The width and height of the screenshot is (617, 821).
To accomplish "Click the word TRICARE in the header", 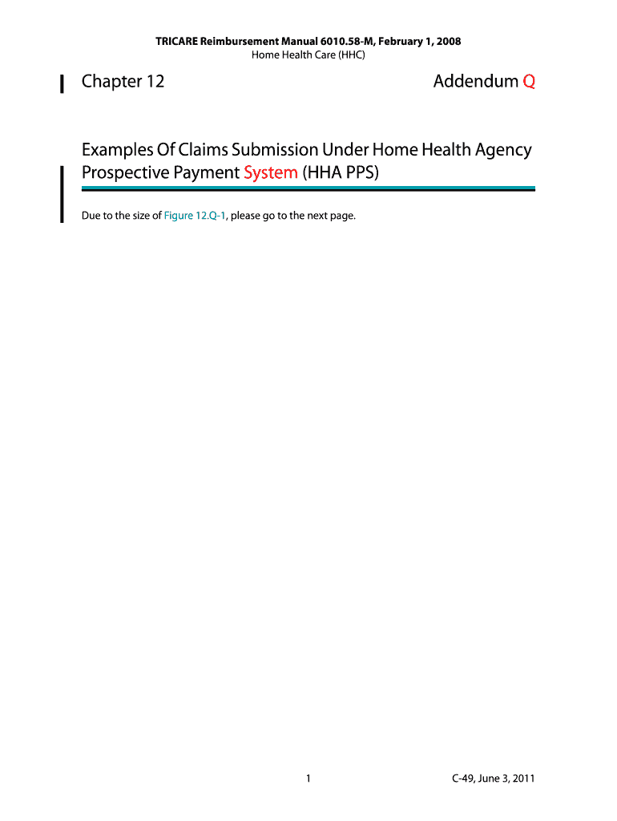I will (177, 41).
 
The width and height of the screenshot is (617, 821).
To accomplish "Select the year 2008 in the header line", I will (447, 41).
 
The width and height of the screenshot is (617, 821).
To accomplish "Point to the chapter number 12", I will (155, 82).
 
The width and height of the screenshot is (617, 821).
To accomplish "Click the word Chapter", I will (111, 82).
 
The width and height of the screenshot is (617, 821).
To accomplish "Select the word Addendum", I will (475, 82).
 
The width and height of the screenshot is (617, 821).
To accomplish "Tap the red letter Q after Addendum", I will (529, 82).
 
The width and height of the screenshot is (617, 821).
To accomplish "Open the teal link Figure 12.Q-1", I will (195, 216).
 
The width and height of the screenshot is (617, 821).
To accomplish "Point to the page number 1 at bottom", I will (308, 779).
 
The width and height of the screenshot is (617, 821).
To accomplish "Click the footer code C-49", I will (466, 779).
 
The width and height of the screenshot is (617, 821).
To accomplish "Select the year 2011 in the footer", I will (523, 779).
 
